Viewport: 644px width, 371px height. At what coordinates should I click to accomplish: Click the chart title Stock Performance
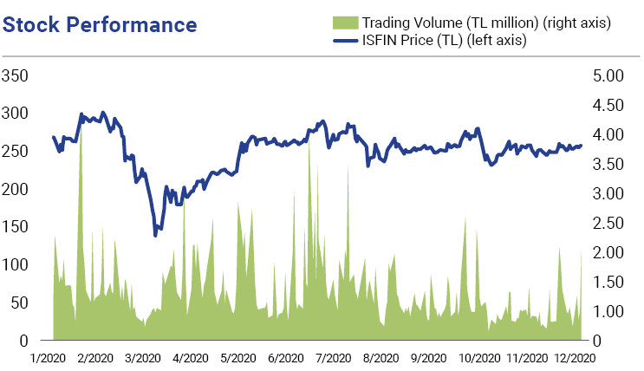coord(100,24)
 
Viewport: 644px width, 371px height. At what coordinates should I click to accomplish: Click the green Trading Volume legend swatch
coord(346,23)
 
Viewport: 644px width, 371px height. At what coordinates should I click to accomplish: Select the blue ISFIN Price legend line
coord(346,41)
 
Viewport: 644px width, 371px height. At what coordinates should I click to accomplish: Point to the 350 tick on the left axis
coord(15,75)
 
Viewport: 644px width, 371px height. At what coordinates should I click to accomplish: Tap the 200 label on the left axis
coord(15,189)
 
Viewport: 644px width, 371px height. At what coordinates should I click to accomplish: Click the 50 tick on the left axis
coord(19,303)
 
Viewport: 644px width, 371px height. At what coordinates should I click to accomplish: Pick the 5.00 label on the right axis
coord(608,75)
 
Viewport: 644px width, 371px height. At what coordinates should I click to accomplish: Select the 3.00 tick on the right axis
coord(608,193)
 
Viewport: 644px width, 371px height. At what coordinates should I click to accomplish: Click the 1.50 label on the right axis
coord(608,282)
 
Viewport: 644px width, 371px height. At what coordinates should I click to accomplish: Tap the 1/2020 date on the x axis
coord(48,358)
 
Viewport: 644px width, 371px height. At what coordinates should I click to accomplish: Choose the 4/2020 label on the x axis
coord(191,358)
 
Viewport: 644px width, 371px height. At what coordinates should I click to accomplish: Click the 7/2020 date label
coord(333,358)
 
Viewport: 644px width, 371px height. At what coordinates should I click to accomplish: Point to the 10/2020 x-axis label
coord(479,358)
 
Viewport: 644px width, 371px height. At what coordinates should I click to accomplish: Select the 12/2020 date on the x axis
coord(575,358)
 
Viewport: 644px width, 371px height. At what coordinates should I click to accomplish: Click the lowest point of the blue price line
coord(155,236)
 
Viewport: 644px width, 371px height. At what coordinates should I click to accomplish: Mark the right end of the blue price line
coord(581,146)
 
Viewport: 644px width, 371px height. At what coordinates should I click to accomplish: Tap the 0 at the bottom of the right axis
coord(597,341)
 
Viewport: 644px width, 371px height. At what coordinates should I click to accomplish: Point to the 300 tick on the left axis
coord(15,114)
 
